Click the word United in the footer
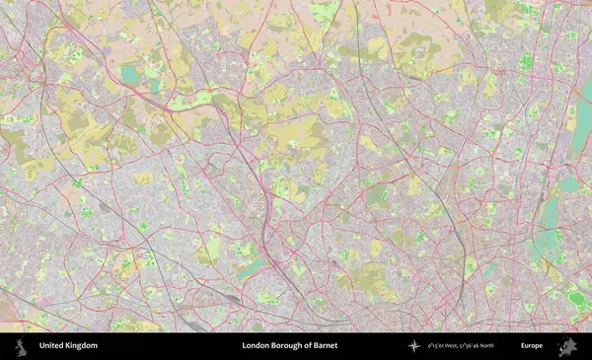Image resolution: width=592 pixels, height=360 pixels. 48,346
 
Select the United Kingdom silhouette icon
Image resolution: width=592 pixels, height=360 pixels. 20,346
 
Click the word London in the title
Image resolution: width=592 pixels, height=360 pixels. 255,346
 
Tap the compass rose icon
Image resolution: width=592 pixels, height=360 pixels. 414,346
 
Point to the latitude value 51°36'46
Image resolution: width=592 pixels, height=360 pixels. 485,346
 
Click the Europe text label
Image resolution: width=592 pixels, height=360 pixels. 532,346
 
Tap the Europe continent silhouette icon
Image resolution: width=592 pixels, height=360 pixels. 567,346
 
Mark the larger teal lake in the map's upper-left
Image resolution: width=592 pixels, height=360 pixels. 130,74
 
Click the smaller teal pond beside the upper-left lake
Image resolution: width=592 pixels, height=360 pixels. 154,85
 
